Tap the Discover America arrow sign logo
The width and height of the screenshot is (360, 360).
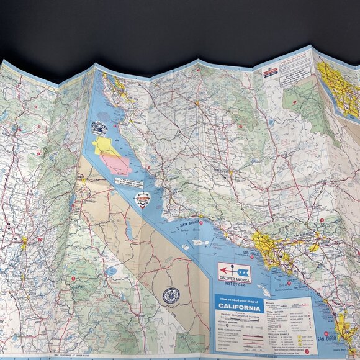pyautogui.click(x=234, y=270)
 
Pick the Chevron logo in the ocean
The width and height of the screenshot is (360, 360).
pyautogui.click(x=143, y=199)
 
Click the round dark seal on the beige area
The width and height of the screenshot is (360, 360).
pyautogui.click(x=171, y=295)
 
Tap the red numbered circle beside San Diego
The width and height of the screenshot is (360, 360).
pyautogui.click(x=326, y=333)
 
